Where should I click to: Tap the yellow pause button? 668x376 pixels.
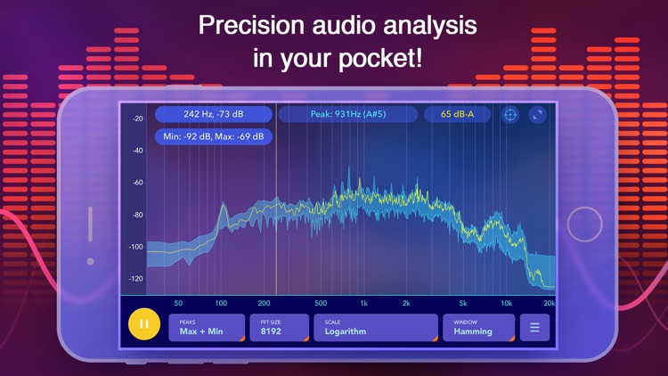coord(144,325)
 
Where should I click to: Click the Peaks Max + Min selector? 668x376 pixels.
coord(206,327)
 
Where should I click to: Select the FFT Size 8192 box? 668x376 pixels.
coord(279,327)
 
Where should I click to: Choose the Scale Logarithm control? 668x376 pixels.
coord(375,327)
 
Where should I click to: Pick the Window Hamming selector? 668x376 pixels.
coord(478,327)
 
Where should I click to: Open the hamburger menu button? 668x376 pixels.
coord(534,327)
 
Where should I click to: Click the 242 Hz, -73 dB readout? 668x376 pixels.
coord(214,114)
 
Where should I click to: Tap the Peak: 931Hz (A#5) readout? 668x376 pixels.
coord(347,114)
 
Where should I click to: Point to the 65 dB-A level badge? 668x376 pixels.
coord(457,114)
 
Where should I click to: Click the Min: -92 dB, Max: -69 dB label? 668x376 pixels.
coord(214,136)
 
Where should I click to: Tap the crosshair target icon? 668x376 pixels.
coord(510,114)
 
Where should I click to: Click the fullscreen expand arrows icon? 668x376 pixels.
coord(537,114)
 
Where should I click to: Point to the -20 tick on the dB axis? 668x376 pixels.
coord(137,119)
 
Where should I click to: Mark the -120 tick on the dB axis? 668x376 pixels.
coord(136,279)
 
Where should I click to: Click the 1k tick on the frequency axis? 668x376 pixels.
coord(363,303)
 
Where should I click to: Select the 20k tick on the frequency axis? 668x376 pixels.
coord(549,303)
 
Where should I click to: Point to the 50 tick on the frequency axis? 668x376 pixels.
coord(178,303)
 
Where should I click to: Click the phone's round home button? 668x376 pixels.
coord(584,225)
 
